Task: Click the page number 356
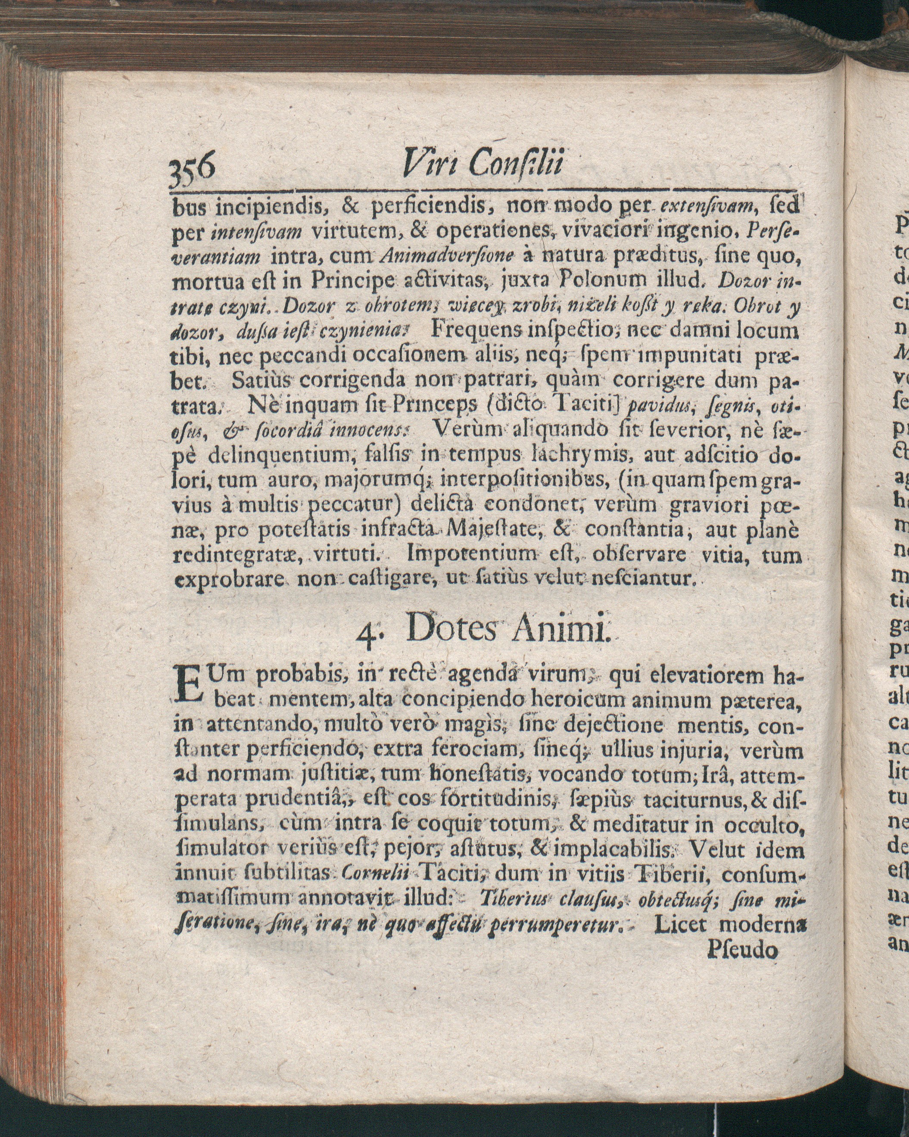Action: (x=194, y=169)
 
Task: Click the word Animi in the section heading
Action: (x=560, y=631)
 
